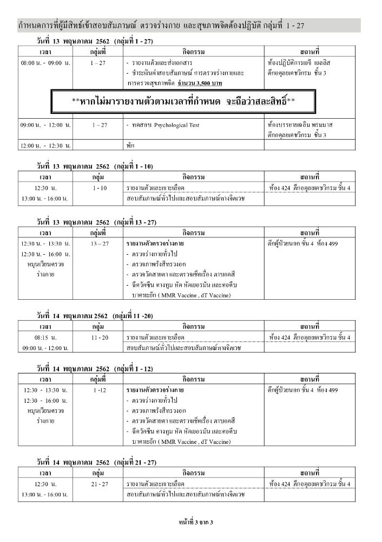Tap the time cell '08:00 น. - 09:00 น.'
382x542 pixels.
[x=46, y=63]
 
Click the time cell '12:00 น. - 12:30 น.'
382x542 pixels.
[x=46, y=145]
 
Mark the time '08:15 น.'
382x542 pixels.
[x=46, y=338]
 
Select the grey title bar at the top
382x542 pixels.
[x=189, y=25]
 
